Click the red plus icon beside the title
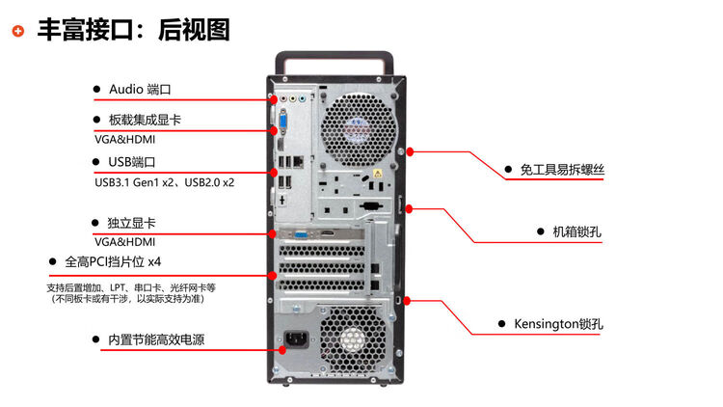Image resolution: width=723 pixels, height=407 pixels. coord(18,31)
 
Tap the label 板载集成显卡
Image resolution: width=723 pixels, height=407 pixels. coord(145,120)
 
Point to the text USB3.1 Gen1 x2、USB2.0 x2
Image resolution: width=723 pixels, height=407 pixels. coord(164,180)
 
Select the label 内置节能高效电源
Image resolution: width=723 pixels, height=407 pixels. coord(155,339)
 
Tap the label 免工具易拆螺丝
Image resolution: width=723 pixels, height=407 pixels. coord(562,170)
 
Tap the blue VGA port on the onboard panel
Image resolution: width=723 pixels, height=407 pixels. coord(284,125)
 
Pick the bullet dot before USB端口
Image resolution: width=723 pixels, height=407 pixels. coord(96,161)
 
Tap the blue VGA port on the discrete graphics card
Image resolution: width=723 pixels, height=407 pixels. coord(301,233)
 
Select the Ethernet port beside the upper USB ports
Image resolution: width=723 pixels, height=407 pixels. coord(300,160)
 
